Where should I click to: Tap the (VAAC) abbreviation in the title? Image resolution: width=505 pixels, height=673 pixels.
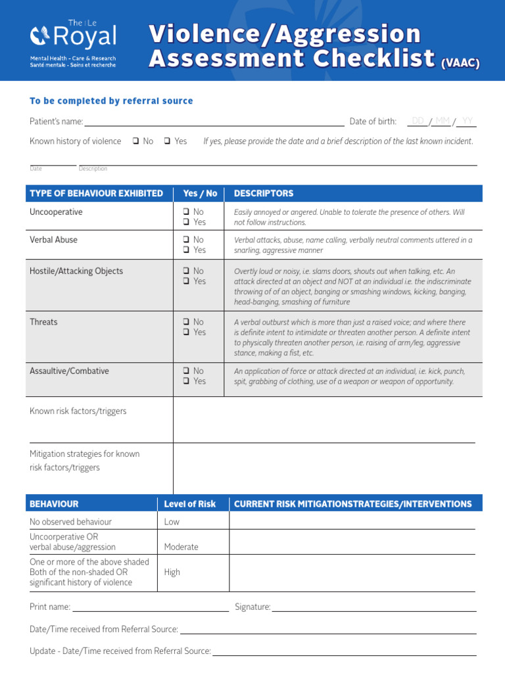tap(460, 63)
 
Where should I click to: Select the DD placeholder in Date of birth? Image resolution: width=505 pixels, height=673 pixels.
tap(418, 121)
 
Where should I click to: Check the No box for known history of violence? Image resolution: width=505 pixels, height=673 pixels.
tap(135, 141)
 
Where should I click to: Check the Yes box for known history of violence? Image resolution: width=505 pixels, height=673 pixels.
tap(168, 141)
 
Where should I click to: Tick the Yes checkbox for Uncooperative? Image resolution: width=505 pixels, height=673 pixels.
tap(187, 222)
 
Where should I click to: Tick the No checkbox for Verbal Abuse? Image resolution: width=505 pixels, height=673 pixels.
tap(187, 240)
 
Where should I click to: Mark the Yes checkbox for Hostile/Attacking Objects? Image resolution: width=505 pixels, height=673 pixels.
tap(187, 281)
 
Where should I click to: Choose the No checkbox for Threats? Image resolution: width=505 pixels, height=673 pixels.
tap(187, 322)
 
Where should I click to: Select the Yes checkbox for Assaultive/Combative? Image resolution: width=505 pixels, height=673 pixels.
tap(187, 381)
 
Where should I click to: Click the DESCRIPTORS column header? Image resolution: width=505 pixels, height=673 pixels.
tap(264, 193)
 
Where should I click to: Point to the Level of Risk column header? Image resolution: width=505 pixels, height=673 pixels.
tap(189, 504)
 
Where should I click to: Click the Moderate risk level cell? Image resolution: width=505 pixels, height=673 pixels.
tap(181, 547)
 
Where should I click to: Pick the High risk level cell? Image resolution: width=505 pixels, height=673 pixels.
tap(172, 572)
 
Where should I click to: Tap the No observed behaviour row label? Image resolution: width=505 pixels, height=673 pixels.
tap(71, 522)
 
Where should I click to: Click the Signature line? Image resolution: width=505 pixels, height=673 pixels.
tap(373, 607)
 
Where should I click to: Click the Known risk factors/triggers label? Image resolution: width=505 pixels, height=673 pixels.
tap(78, 411)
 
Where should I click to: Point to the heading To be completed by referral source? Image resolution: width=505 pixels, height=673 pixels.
tap(111, 101)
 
